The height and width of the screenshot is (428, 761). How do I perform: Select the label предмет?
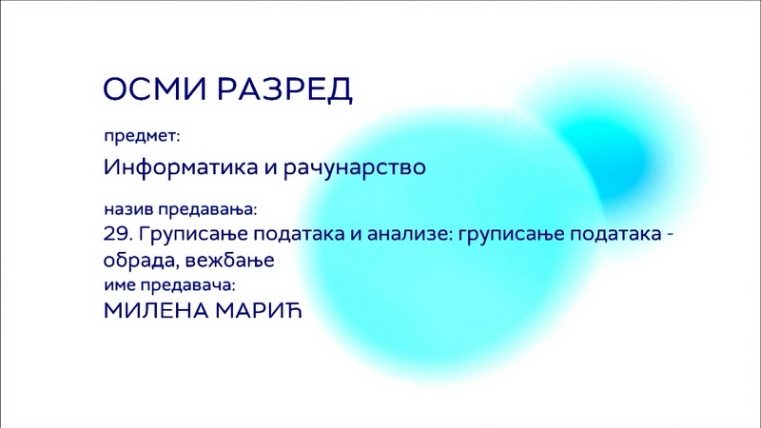(x=142, y=137)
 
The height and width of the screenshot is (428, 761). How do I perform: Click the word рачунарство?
(x=354, y=168)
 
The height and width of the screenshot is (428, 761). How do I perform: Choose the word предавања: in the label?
(x=207, y=210)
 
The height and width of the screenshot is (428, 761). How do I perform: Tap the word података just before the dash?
(x=615, y=235)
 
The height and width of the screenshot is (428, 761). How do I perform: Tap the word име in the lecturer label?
(x=120, y=285)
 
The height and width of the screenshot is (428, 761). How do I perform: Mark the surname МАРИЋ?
(x=259, y=310)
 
